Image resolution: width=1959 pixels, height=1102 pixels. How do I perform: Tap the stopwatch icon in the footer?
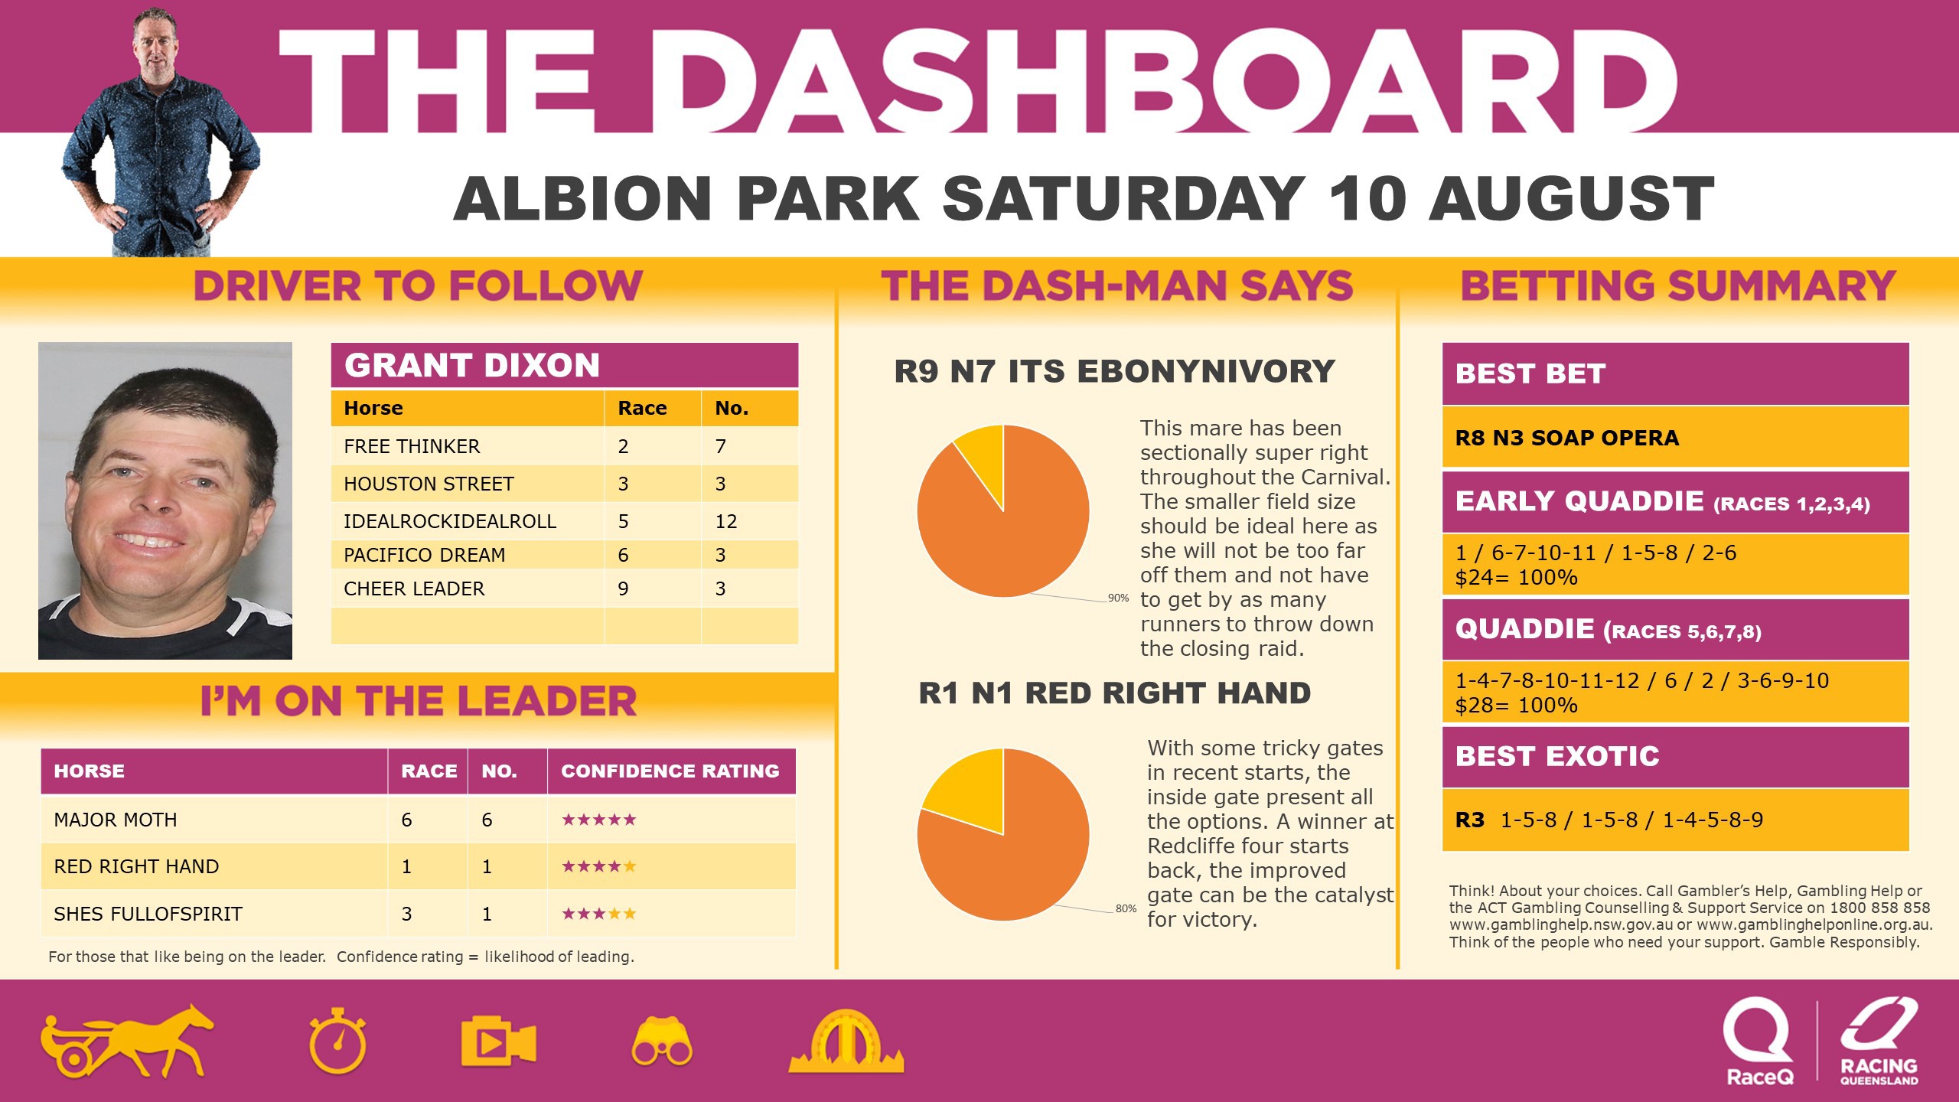click(x=337, y=1041)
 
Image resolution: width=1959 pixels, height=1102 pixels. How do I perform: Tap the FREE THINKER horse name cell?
click(x=412, y=446)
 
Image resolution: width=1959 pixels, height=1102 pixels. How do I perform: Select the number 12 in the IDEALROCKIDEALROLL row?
click(x=725, y=522)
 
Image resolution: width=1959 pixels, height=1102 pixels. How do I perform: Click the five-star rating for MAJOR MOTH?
click(x=598, y=820)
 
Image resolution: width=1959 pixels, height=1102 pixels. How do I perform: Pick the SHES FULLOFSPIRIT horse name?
click(x=148, y=914)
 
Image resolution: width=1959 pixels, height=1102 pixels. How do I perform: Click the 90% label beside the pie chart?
click(x=1118, y=598)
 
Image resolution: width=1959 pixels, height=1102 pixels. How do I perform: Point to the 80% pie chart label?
click(x=1126, y=908)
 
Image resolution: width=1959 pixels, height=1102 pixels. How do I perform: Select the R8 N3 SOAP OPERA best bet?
click(x=1566, y=438)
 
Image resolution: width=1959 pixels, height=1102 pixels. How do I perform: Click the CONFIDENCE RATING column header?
click(x=670, y=771)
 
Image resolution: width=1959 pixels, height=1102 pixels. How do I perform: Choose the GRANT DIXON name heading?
click(x=472, y=366)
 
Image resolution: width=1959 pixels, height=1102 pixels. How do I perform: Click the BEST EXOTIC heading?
click(x=1557, y=756)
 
